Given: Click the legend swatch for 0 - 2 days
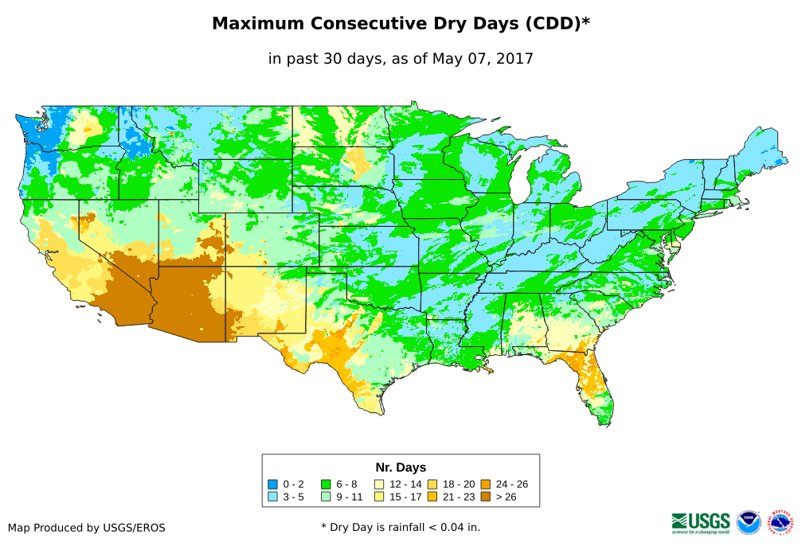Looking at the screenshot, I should click(272, 484).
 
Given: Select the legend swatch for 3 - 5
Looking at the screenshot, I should click(272, 497).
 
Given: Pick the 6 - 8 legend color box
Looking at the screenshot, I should click(326, 484).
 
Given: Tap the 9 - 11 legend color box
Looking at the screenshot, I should click(326, 497).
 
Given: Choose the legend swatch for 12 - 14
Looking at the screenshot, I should click(379, 484).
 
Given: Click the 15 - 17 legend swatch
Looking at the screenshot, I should click(379, 497).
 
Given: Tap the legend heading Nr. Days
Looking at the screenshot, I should click(401, 467).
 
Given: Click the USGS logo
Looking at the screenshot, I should click(701, 522).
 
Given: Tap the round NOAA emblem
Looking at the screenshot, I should click(749, 522).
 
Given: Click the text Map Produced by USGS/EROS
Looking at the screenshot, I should click(87, 528).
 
